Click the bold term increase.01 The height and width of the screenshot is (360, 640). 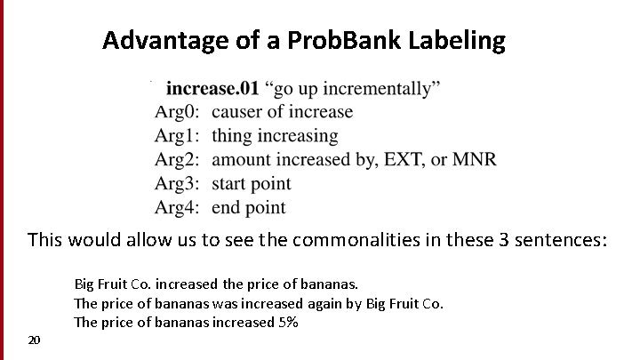212,88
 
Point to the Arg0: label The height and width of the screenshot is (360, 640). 178,112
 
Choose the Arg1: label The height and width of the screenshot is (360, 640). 178,136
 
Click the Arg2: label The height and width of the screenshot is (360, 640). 178,160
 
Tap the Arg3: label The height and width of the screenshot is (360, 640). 178,184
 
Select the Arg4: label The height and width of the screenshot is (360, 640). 178,208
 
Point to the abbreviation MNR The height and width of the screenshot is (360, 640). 475,160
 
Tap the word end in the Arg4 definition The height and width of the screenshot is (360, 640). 227,208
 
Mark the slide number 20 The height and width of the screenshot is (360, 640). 34,340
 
